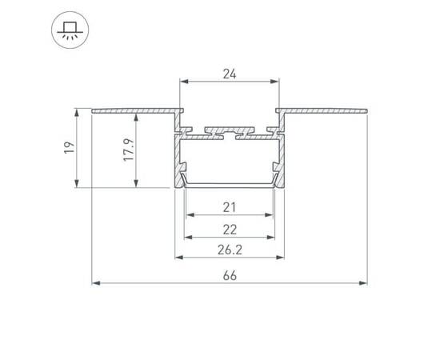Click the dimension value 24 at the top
tap(230, 74)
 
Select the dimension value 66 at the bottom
tap(230, 275)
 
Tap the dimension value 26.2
tap(230, 250)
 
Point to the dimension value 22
tap(230, 230)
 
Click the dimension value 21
tap(230, 207)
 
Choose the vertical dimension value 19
tap(70, 147)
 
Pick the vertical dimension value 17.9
tap(129, 150)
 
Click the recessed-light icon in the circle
tap(70, 30)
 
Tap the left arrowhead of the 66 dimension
tap(96, 283)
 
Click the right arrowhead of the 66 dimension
tap(363, 283)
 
